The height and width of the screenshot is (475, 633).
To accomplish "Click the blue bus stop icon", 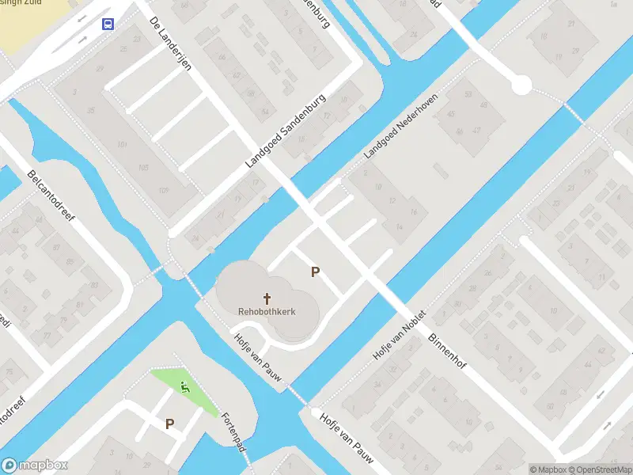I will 107,24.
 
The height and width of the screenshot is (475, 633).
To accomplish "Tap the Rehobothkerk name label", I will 267,312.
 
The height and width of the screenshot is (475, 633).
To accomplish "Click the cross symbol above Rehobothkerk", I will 267,298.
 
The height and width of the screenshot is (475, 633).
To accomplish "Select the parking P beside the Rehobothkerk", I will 315,272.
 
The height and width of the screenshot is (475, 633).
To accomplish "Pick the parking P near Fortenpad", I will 169,424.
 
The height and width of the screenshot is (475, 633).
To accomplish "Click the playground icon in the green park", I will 185,387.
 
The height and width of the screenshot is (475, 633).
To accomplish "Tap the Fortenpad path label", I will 234,432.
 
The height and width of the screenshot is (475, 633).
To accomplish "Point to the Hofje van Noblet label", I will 400,336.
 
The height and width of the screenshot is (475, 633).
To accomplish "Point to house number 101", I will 121,145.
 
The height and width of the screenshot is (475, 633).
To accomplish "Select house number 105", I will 142,168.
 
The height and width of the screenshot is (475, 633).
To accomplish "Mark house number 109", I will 163,190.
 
